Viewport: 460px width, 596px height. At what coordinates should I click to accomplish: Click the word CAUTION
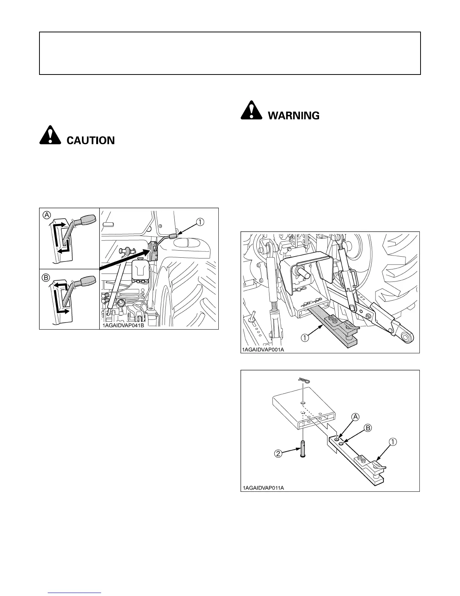(91, 141)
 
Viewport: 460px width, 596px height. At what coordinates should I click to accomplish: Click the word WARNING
(294, 116)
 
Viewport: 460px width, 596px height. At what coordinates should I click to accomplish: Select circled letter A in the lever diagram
(47, 215)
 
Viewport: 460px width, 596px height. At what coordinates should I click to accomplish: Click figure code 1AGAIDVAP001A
(263, 350)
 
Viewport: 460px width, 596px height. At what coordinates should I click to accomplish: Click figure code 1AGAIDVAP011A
(263, 488)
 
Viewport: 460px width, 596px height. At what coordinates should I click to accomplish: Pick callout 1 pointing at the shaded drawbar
(304, 338)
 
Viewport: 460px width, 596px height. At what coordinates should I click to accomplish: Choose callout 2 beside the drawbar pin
(278, 453)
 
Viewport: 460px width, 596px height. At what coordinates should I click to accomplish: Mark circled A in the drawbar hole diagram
(355, 417)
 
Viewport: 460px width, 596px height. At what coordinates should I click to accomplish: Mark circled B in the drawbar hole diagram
(368, 428)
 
